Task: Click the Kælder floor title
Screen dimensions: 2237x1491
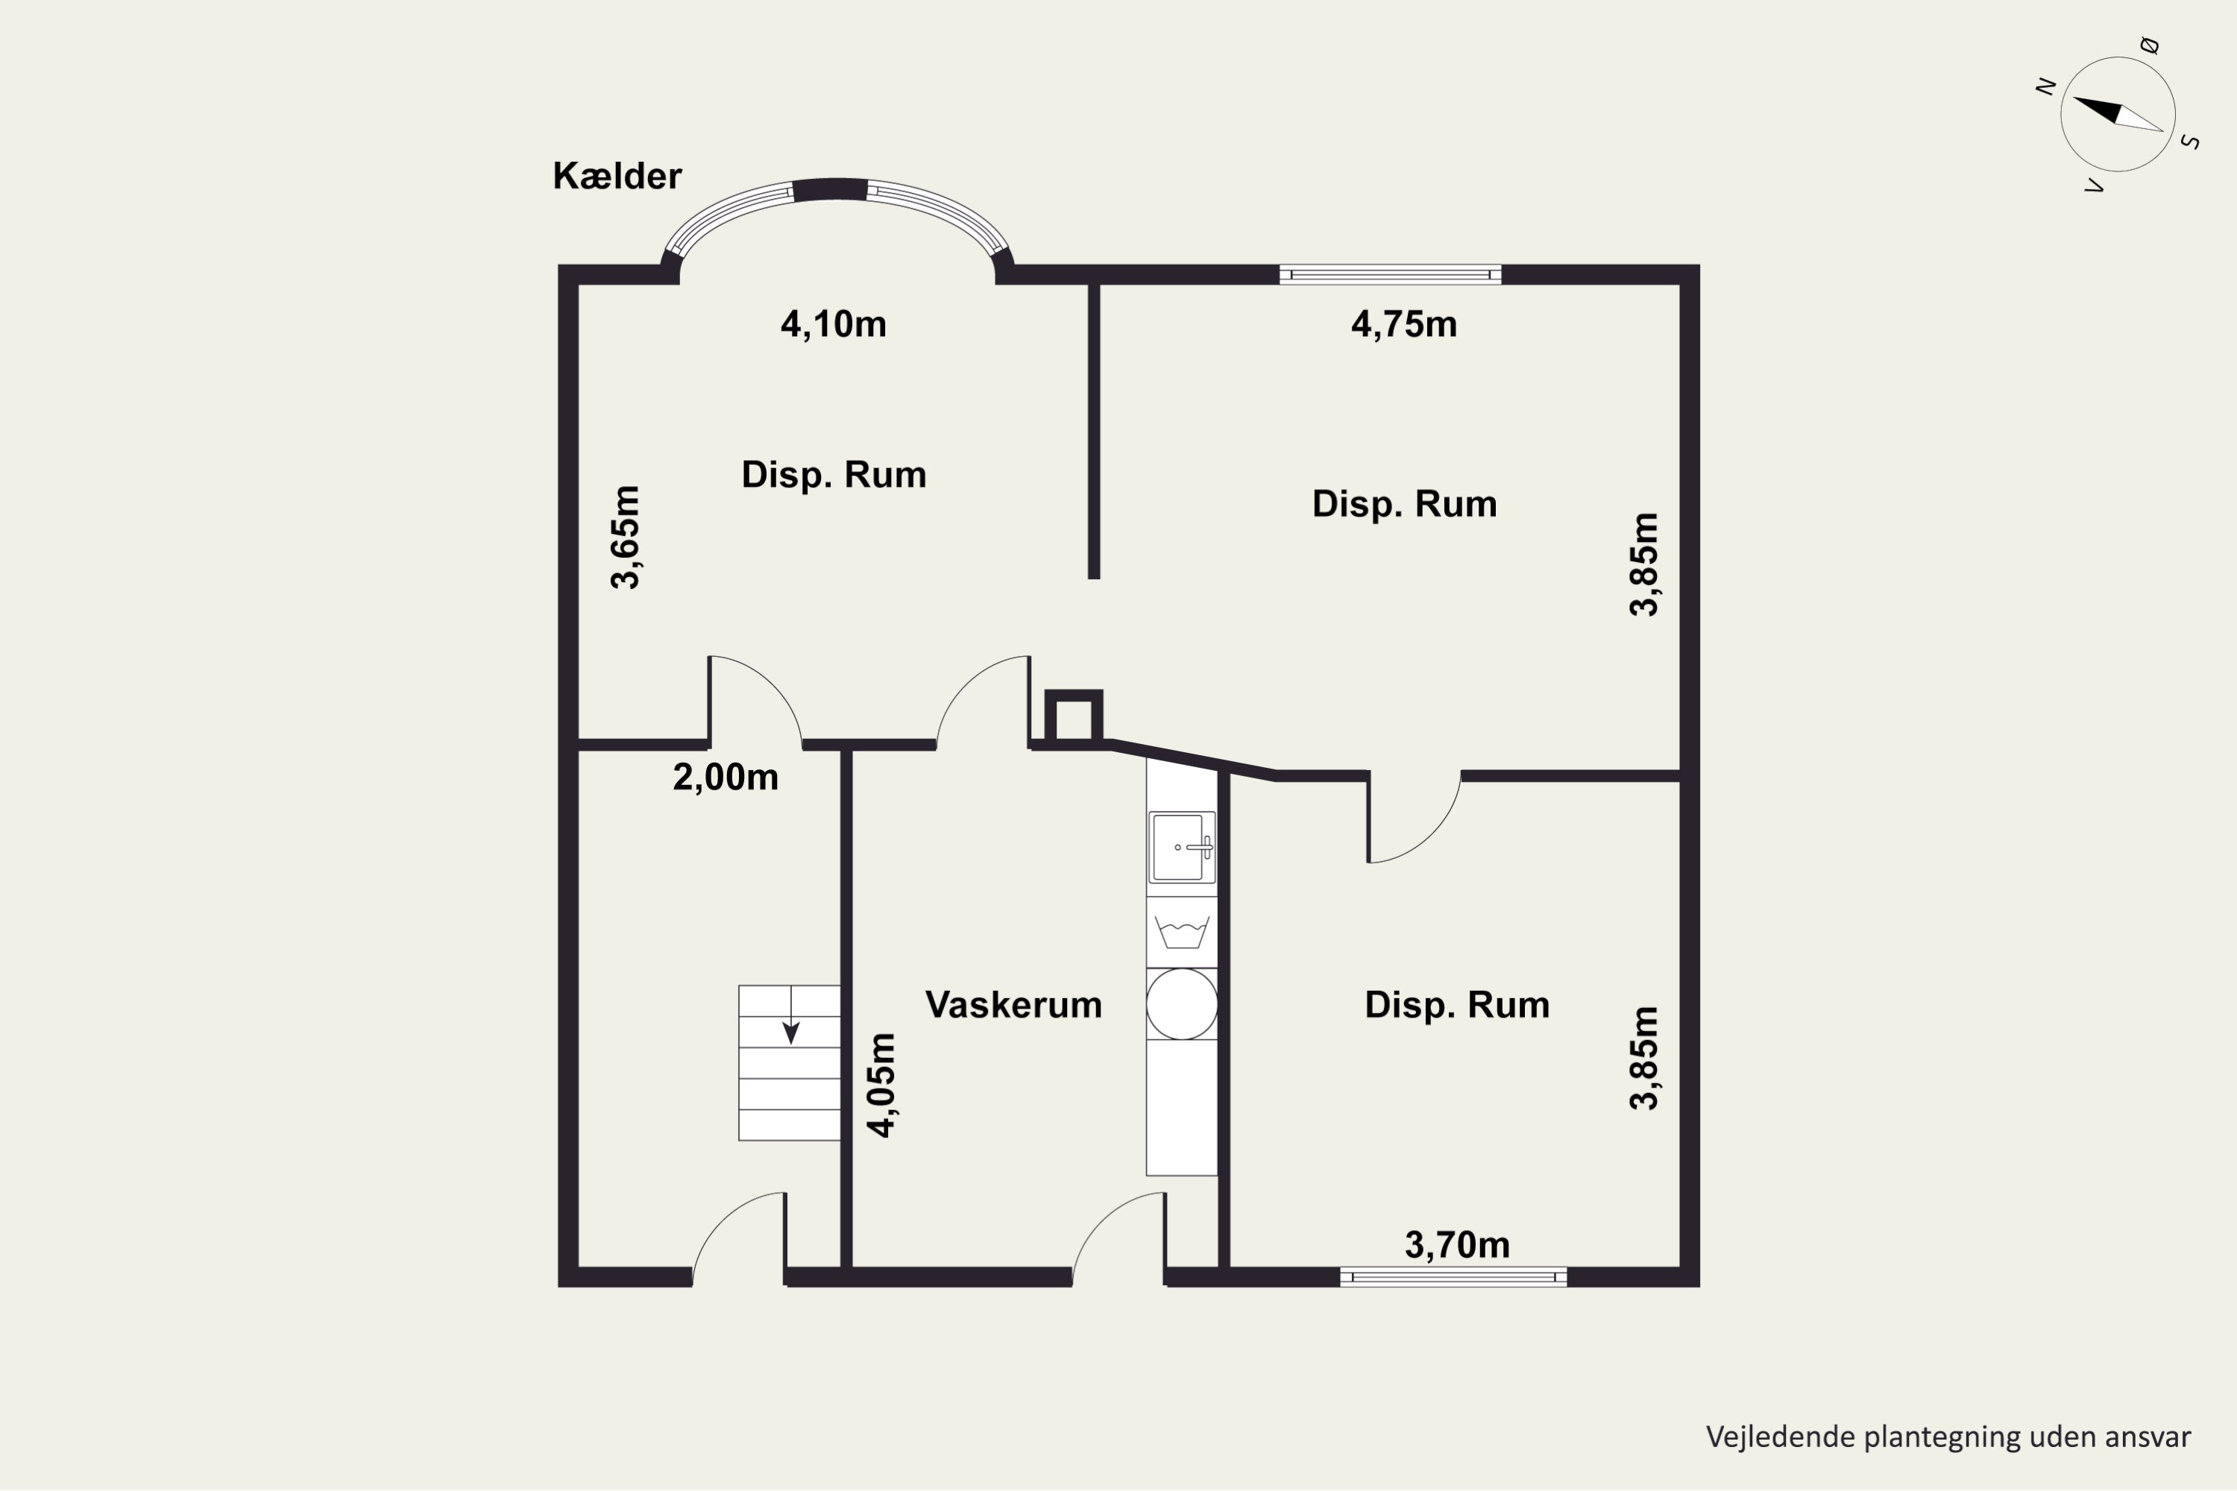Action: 617,176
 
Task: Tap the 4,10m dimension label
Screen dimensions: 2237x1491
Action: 833,324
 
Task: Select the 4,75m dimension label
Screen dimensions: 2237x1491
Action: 1404,324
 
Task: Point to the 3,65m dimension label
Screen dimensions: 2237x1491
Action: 626,538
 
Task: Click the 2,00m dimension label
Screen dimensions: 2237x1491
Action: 726,778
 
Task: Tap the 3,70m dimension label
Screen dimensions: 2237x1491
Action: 1457,1245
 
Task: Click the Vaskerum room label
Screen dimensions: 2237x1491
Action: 1014,1005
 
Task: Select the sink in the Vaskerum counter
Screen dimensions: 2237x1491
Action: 1182,847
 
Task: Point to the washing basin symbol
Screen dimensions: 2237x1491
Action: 1182,933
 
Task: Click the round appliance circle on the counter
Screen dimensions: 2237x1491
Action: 1182,1004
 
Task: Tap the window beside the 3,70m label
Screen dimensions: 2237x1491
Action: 1453,1277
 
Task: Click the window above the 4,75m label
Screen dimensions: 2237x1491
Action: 1391,275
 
